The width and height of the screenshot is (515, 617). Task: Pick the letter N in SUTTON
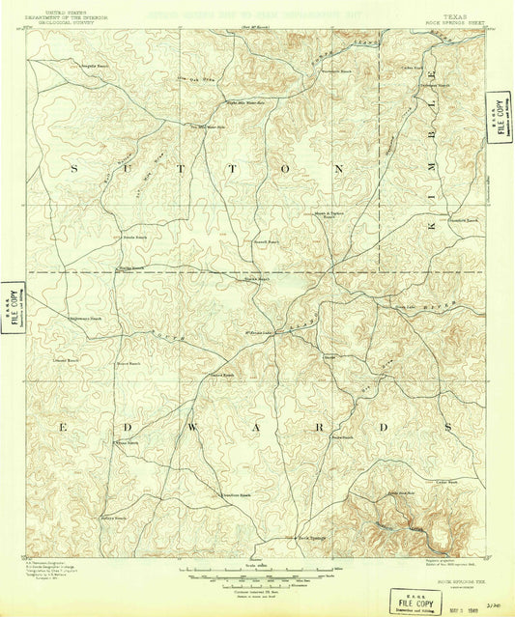point(338,168)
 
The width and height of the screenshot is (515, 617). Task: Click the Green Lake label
point(404,307)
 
